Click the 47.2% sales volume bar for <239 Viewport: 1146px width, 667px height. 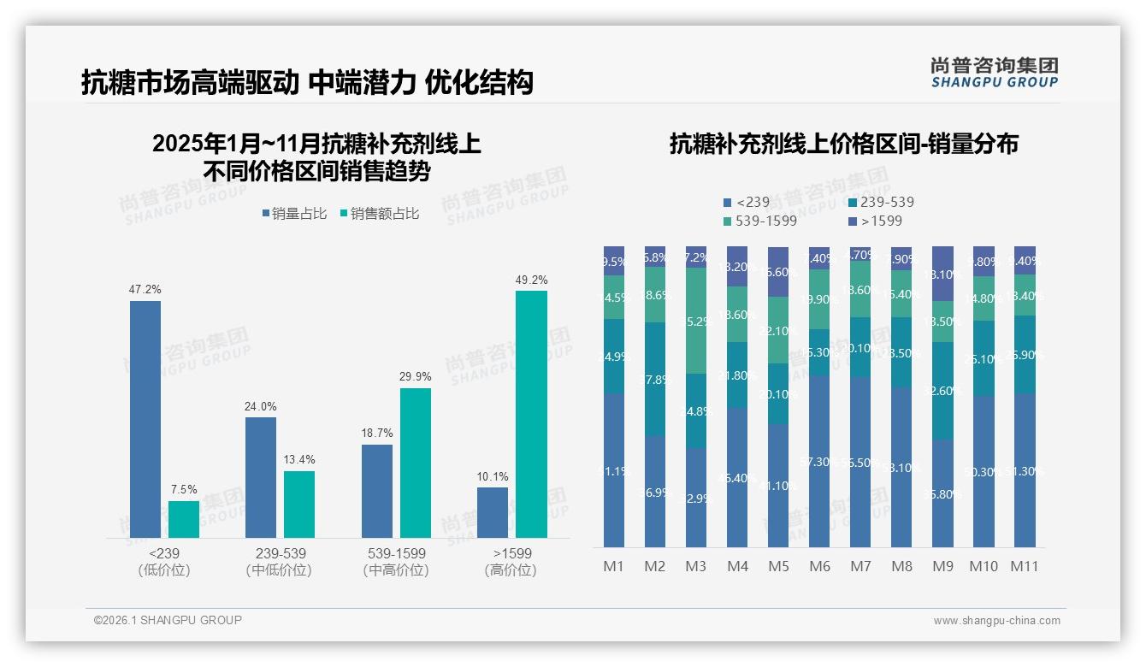tap(145, 419)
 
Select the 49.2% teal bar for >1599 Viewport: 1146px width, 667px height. tap(531, 414)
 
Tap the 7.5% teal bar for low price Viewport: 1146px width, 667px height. tap(184, 519)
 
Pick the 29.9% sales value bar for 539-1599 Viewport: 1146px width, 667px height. tap(416, 463)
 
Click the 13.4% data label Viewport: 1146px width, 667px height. tap(299, 460)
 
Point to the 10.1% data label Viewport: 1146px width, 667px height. tap(493, 476)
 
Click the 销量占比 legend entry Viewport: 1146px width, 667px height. tap(295, 214)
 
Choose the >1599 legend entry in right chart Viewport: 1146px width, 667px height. tap(877, 221)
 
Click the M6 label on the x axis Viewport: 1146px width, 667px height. tap(819, 566)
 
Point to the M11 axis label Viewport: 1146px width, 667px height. tap(1025, 566)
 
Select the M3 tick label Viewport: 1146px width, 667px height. tap(696, 566)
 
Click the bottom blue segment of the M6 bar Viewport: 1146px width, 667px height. tap(819, 462)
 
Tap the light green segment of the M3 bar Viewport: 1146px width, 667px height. tap(696, 321)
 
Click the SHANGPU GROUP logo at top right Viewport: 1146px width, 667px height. tap(994, 73)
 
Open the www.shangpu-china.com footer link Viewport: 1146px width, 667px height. tap(996, 621)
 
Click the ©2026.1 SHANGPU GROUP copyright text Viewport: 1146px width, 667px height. tap(168, 620)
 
